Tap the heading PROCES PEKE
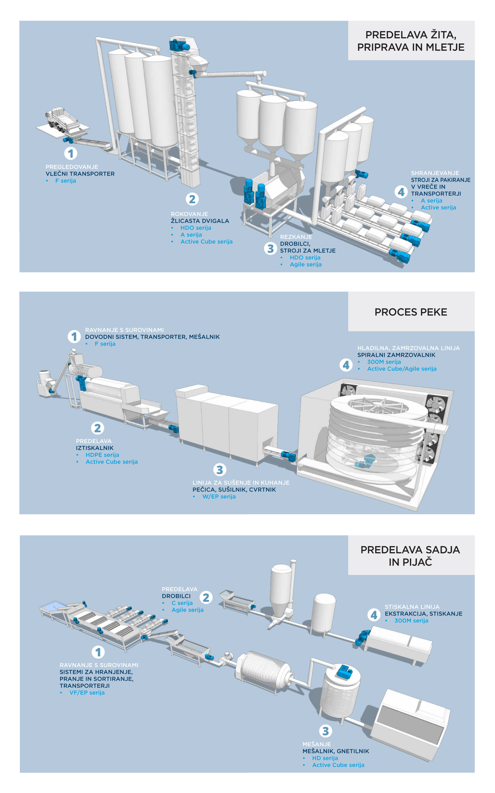410,312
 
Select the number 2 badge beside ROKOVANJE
192,199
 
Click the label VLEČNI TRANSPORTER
80,174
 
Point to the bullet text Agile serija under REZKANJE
305,265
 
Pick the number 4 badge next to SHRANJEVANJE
401,192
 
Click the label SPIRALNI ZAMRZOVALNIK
396,355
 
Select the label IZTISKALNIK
95,448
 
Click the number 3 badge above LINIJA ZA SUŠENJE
220,470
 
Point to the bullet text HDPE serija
102,455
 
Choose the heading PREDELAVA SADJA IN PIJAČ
410,556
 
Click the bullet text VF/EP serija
87,693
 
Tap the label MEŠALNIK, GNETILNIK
336,751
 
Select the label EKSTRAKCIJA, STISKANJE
423,614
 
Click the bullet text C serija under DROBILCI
182,603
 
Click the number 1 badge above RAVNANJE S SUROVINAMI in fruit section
98,652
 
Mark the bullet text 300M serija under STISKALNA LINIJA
411,620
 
